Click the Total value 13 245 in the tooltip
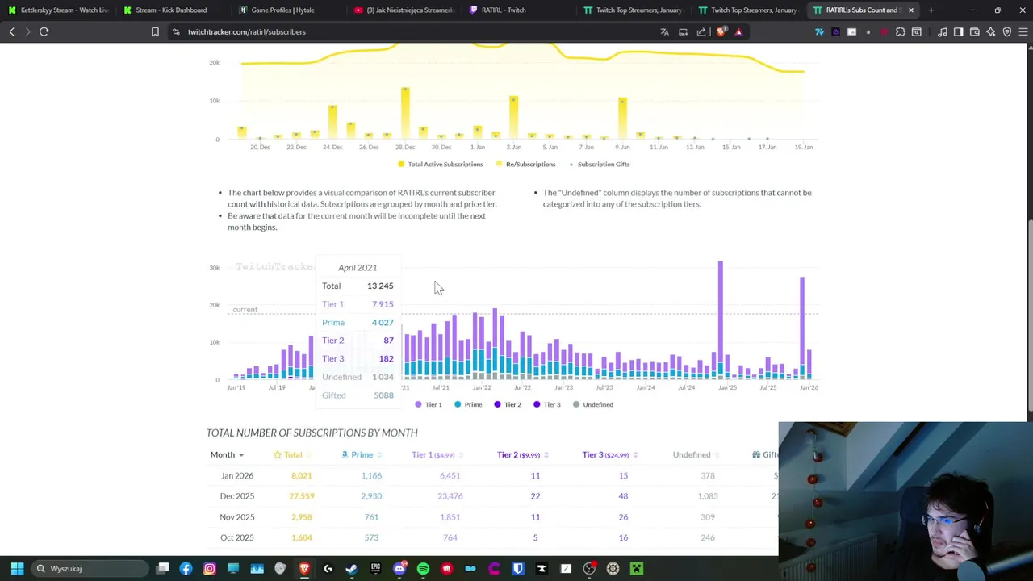click(380, 286)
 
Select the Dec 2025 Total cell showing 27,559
click(302, 496)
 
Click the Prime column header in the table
click(362, 454)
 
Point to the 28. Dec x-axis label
click(405, 147)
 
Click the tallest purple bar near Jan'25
click(721, 315)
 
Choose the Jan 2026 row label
click(237, 475)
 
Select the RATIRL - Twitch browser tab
click(503, 10)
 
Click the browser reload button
click(44, 31)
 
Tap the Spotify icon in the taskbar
click(423, 569)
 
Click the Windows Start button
click(17, 569)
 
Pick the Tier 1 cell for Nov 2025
click(450, 517)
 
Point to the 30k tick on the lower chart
click(215, 267)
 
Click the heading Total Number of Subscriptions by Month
click(312, 433)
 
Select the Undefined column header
click(692, 454)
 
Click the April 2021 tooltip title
click(358, 267)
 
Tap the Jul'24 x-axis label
click(687, 387)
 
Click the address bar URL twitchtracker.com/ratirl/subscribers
click(246, 31)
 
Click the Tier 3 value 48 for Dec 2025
click(623, 496)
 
